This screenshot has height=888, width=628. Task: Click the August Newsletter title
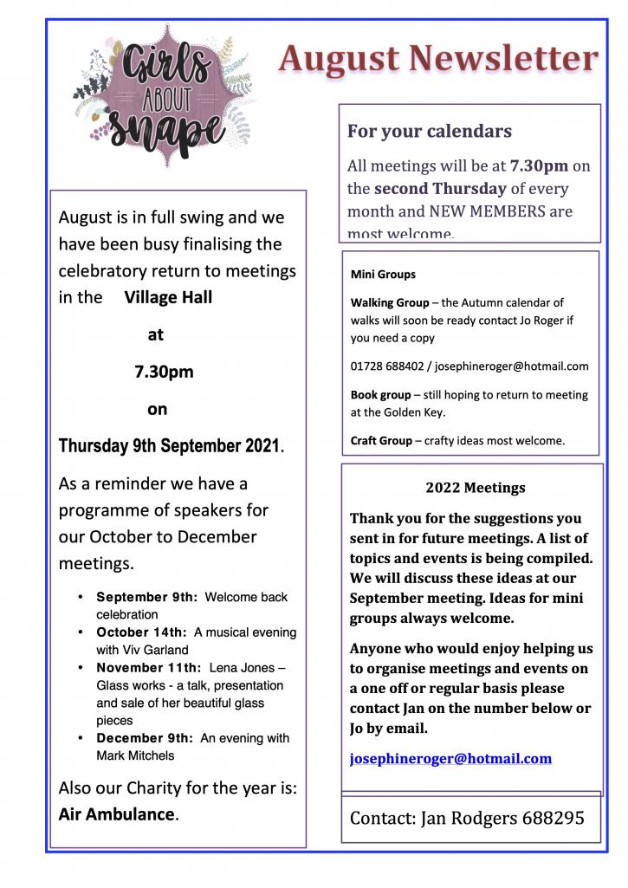[x=438, y=59]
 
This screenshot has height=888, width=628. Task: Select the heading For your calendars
[x=429, y=132]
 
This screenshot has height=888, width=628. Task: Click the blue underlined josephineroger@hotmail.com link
[x=450, y=759]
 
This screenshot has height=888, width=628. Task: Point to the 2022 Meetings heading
[x=475, y=488]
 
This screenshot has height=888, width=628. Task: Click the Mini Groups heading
[x=383, y=275]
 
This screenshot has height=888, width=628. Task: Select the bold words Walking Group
[x=389, y=303]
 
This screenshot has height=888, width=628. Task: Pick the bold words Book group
[x=380, y=395]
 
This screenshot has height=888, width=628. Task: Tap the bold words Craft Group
[x=381, y=441]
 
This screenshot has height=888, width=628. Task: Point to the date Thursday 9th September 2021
[x=170, y=447]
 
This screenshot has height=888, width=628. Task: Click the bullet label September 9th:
[x=147, y=598]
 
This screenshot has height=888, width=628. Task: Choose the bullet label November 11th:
[x=147, y=668]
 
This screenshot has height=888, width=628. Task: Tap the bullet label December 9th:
[x=145, y=738]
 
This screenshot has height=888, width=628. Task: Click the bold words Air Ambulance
[x=116, y=814]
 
